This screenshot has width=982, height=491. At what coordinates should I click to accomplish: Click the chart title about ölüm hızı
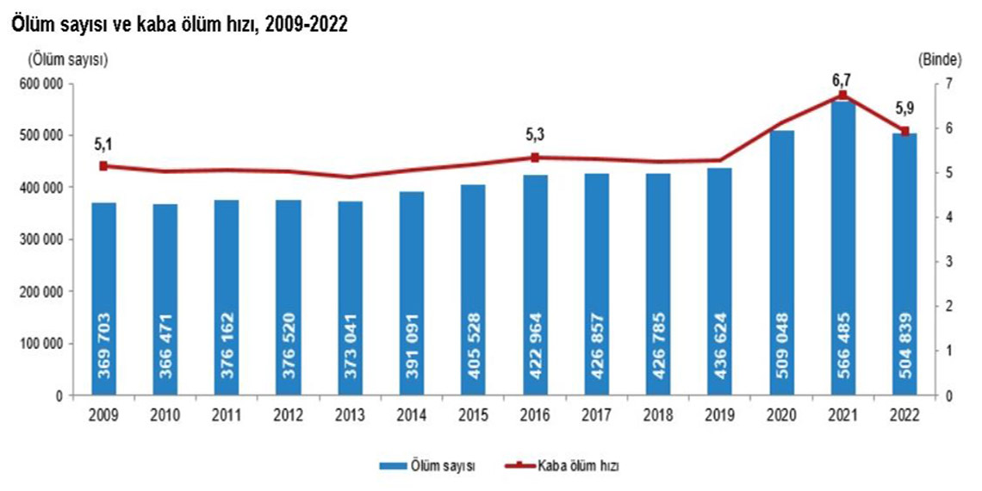tap(178, 25)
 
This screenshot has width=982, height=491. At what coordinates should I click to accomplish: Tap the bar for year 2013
tap(350, 297)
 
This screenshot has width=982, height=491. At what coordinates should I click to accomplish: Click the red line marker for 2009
tap(103, 166)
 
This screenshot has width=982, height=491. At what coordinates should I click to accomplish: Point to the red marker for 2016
tap(534, 158)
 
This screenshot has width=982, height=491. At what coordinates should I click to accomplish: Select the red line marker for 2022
tap(904, 131)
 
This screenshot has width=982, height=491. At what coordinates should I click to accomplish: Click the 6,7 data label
tap(842, 79)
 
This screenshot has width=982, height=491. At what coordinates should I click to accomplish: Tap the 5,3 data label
tap(535, 135)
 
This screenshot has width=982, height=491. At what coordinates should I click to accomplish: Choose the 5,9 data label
tap(904, 109)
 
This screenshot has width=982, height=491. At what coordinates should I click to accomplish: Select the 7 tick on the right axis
tap(948, 84)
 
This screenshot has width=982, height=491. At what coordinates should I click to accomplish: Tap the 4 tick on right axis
tap(948, 217)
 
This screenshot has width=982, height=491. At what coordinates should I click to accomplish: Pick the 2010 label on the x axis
tap(165, 414)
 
